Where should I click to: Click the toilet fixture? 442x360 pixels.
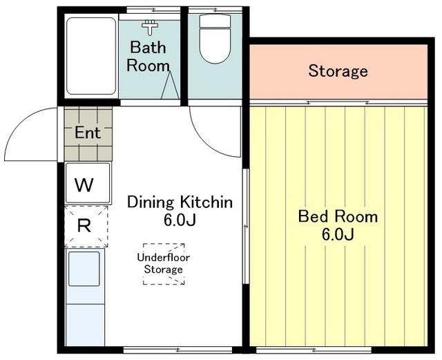(x=215, y=39)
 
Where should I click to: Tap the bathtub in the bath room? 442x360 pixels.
(x=91, y=56)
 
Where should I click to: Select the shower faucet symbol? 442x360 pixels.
(x=150, y=27)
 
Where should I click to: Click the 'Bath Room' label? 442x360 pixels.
(x=148, y=57)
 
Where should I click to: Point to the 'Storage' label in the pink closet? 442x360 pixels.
(x=338, y=71)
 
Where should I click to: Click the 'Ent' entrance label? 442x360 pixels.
(x=88, y=133)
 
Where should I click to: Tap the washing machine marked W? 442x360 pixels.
(x=88, y=183)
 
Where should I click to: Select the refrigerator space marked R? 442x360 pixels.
(x=86, y=227)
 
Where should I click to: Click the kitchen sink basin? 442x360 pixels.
(x=84, y=269)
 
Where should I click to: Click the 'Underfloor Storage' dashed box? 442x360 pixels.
(x=164, y=264)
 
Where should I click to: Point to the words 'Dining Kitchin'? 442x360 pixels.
(x=180, y=202)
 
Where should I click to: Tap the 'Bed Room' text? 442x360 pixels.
(x=338, y=217)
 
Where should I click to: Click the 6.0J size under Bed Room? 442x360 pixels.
(x=338, y=234)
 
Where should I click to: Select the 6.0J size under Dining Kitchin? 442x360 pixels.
(x=180, y=220)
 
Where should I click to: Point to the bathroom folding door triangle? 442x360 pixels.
(x=170, y=84)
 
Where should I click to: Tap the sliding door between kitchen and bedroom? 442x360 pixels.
(x=246, y=226)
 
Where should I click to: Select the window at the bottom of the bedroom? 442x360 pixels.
(x=314, y=350)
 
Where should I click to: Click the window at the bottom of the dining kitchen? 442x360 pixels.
(x=177, y=350)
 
